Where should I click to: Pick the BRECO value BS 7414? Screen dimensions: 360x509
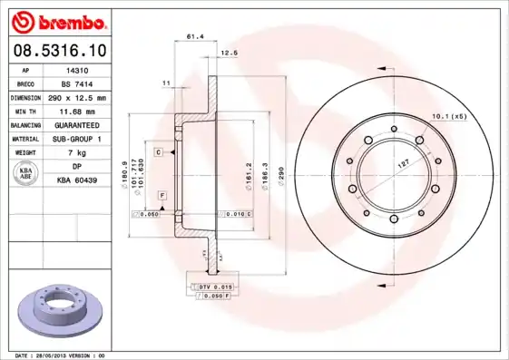point(76,83)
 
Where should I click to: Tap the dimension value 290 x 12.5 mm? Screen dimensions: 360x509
point(77,97)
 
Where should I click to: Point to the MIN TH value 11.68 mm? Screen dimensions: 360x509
point(76,111)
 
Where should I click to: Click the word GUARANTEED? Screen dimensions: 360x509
point(76,125)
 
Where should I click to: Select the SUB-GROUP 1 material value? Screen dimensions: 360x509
point(76,139)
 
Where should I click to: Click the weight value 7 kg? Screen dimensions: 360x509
point(76,153)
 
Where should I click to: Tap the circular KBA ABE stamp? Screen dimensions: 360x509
point(26,174)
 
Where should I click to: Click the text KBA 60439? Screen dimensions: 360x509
point(76,181)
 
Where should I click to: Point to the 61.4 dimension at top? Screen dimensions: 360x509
point(193,37)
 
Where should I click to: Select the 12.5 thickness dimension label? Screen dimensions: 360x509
point(229,54)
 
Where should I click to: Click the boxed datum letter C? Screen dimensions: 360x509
point(158,152)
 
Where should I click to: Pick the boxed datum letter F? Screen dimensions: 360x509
point(162,196)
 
